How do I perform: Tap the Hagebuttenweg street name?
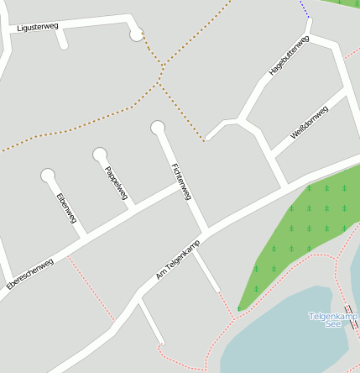tap(289, 57)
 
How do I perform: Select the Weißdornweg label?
tap(308, 123)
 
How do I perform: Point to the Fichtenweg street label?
tap(181, 181)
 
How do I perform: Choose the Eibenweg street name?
tap(66, 208)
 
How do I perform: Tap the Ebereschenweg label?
tap(29, 274)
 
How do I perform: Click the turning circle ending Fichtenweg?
tap(157, 128)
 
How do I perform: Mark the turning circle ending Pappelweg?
tap(100, 154)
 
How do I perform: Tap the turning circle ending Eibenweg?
tap(48, 176)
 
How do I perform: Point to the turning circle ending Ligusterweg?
tap(137, 34)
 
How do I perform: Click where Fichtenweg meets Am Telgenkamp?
tap(205, 230)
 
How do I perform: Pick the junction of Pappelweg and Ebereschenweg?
tap(132, 207)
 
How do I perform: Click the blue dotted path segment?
tap(304, 8)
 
